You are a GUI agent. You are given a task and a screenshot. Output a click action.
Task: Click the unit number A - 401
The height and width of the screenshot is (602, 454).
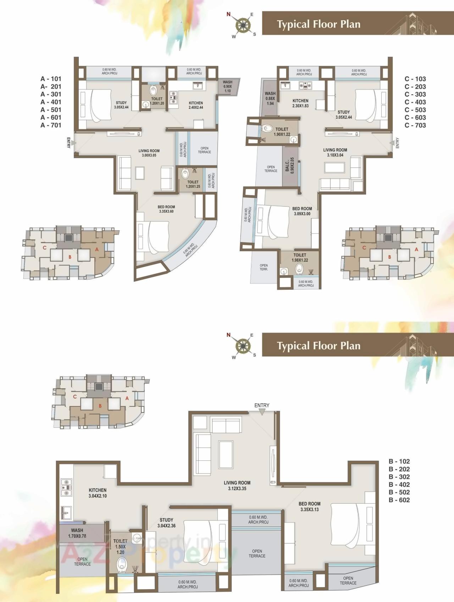[51, 102]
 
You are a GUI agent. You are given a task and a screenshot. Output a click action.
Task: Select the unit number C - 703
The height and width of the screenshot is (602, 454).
[415, 125]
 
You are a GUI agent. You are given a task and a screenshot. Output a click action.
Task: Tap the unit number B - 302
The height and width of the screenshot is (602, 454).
[399, 477]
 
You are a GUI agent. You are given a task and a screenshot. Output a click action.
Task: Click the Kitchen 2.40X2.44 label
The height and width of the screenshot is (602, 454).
[196, 105]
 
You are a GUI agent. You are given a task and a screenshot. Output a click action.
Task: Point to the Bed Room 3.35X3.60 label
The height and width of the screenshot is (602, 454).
[166, 209]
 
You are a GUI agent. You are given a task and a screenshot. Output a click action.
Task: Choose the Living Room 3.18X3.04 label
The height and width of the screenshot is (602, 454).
[335, 152]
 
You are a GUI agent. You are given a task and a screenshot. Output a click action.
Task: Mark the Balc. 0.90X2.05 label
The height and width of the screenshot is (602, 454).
[290, 165]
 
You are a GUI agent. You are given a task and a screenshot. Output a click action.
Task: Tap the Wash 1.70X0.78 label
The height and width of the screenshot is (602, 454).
[77, 533]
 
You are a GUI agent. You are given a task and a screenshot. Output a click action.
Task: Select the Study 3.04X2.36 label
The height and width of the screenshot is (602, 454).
[166, 523]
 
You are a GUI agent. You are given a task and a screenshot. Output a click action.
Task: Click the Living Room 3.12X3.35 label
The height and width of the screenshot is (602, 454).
[237, 485]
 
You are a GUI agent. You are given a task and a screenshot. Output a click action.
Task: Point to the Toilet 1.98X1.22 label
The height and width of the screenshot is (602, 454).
[300, 257]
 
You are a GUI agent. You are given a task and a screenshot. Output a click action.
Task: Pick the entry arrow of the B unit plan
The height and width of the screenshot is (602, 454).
[262, 412]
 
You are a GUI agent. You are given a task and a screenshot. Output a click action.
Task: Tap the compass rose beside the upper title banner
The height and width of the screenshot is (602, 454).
[243, 25]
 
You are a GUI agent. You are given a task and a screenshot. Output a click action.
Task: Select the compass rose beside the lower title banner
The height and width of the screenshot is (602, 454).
[243, 346]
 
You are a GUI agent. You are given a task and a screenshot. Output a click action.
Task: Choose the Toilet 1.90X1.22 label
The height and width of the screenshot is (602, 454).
[282, 132]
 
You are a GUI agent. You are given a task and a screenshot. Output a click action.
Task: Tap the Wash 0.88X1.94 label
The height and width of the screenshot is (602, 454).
[270, 98]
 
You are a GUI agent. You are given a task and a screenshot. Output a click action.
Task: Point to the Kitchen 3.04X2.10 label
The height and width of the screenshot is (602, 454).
[98, 493]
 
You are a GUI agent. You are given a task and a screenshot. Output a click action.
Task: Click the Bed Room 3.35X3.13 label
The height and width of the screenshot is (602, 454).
[309, 507]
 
